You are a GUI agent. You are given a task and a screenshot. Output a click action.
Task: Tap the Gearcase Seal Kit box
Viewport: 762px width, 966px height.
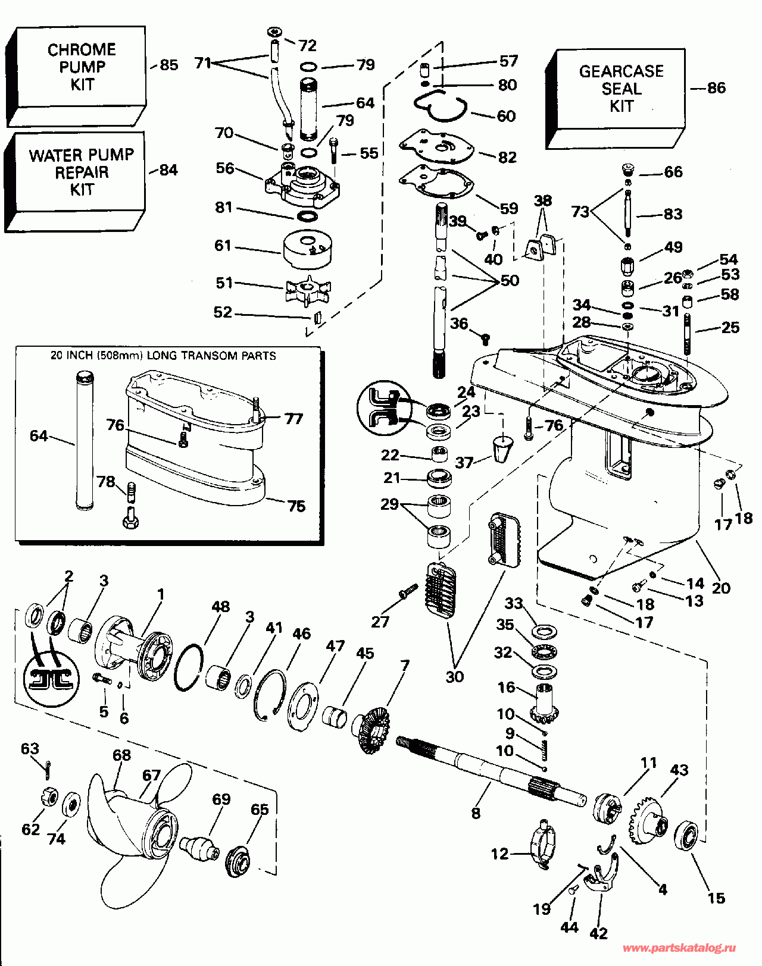click(620, 89)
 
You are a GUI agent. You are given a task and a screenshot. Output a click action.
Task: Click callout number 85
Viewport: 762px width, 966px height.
click(169, 65)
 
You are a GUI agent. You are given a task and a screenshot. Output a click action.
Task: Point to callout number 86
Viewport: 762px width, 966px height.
click(716, 88)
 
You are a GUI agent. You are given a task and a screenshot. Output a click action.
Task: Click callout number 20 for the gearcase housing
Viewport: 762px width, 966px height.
click(721, 588)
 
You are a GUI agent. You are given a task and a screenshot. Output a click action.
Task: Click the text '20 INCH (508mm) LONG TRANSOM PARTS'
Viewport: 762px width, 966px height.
click(163, 356)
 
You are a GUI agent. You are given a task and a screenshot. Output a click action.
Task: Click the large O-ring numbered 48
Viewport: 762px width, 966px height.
click(189, 666)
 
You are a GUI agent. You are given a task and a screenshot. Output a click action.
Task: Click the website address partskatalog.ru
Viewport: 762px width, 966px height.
click(679, 948)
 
